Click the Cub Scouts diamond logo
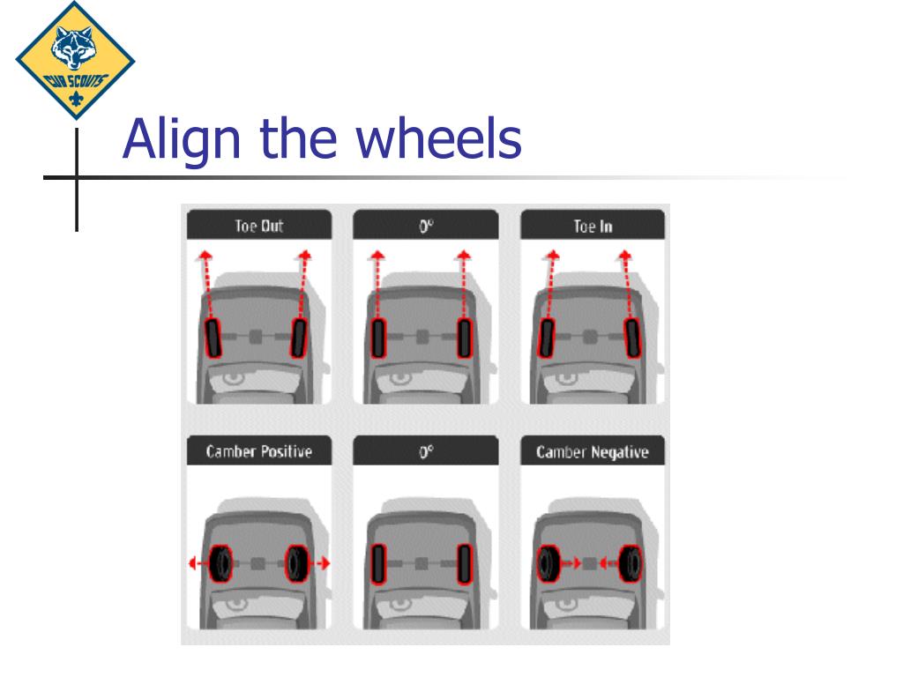tap(75, 61)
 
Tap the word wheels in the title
tap(439, 138)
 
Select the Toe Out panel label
tap(259, 226)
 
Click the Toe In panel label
tap(593, 227)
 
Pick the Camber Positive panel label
tap(259, 451)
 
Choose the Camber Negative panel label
tap(593, 452)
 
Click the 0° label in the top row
tap(426, 227)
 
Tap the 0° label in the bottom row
tap(426, 452)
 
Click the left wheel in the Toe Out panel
tap(213, 338)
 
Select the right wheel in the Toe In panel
tap(633, 338)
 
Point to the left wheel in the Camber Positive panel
tap(220, 563)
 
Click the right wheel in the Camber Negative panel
tap(630, 563)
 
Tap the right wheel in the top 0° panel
tap(465, 338)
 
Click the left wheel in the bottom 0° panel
tap(377, 564)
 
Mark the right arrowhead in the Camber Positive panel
tap(325, 563)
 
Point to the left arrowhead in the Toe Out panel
tap(204, 255)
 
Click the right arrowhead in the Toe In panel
tap(625, 255)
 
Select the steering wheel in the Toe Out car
tap(233, 379)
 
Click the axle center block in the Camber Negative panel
tap(589, 563)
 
